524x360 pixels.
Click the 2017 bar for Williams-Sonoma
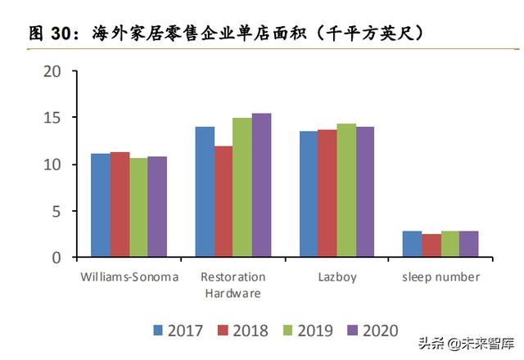100,205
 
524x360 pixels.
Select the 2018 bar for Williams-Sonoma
120,205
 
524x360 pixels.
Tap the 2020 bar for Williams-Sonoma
157,207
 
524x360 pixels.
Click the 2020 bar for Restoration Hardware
261,186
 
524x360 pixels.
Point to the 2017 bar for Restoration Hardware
205,192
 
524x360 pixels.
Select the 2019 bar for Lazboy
346,191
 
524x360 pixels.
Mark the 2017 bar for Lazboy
309,195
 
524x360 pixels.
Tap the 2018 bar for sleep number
431,245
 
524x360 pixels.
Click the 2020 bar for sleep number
468,245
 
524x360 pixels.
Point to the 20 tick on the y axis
52,72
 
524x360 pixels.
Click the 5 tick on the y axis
56,211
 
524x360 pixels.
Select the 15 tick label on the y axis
52,119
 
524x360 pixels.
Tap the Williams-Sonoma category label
129,277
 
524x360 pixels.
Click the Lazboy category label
337,277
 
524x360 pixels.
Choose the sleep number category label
440,277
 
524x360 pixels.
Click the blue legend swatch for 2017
159,331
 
